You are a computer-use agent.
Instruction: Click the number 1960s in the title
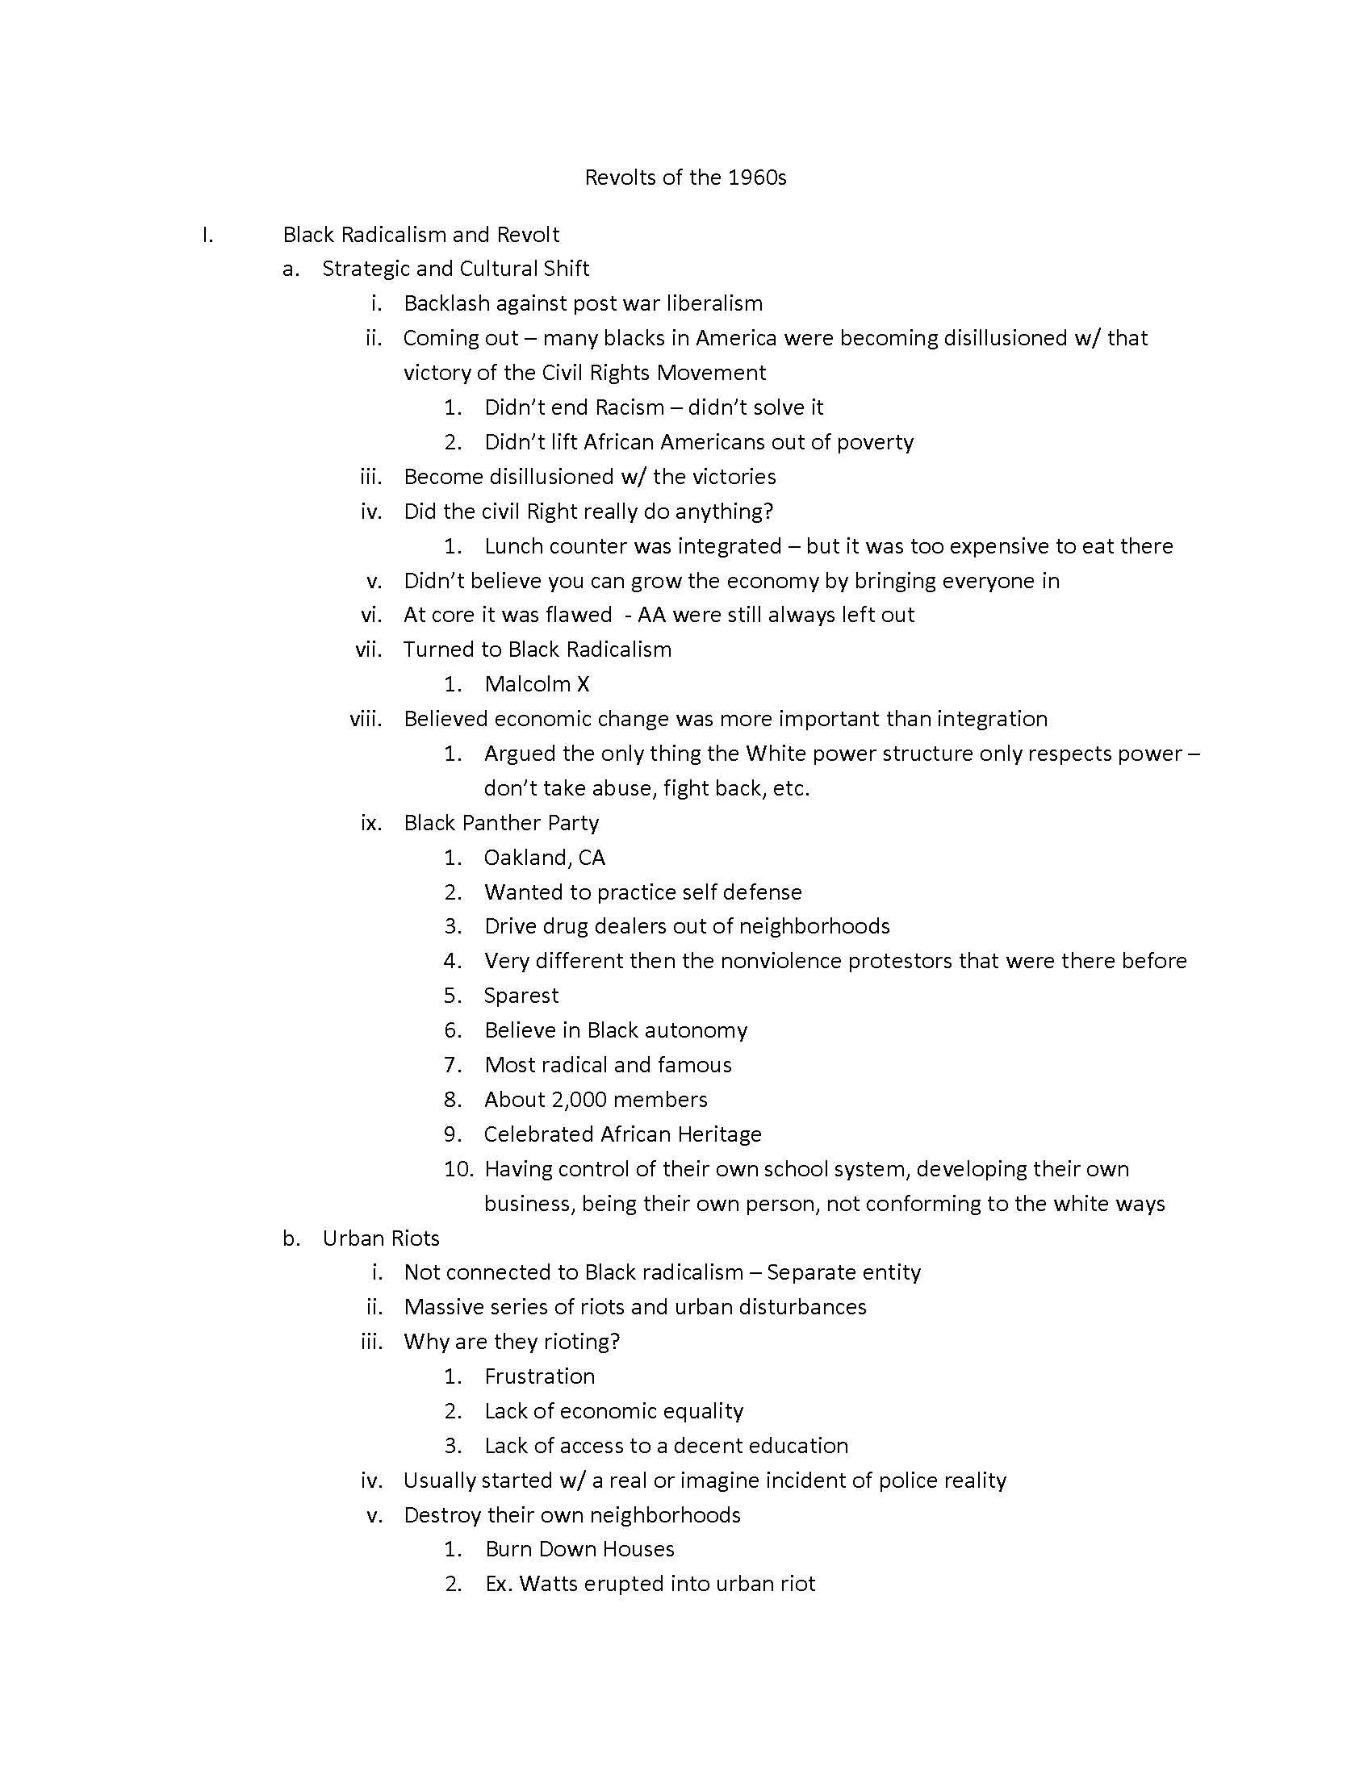coord(757,177)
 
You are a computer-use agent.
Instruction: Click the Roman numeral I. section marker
coord(208,235)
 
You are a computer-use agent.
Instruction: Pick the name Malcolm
coord(526,683)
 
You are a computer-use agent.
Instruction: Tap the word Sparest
coord(521,996)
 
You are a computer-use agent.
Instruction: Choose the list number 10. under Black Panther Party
coord(458,1169)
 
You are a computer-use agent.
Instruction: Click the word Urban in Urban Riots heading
coord(349,1238)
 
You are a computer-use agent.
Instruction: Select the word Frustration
coord(540,1376)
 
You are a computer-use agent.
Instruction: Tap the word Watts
coord(550,1583)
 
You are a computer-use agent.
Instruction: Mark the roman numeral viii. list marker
coord(366,718)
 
